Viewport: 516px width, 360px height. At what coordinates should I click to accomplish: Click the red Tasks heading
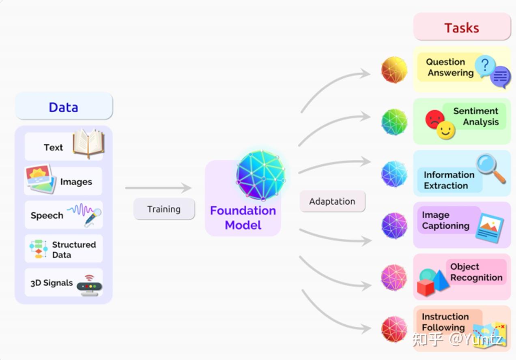tap(462, 28)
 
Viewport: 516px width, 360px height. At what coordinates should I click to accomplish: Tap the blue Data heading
tap(64, 107)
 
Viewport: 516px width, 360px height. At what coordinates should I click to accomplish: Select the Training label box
tap(164, 209)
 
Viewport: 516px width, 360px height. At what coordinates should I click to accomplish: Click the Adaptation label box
tap(332, 201)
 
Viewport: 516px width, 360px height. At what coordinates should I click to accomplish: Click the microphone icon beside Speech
tap(93, 217)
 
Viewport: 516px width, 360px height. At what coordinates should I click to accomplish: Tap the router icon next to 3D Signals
tap(89, 286)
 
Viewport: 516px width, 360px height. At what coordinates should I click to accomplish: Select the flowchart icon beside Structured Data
tap(39, 249)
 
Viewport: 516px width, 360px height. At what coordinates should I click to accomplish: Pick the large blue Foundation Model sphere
tap(261, 175)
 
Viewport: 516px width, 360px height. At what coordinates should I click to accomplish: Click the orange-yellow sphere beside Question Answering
tap(394, 70)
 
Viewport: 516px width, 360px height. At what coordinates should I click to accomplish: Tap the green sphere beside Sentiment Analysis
tap(394, 122)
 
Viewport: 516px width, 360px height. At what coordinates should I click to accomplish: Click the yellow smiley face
tap(446, 130)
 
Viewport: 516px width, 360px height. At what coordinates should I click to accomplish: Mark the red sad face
tap(434, 119)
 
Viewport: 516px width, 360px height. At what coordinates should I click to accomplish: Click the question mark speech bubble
tap(485, 66)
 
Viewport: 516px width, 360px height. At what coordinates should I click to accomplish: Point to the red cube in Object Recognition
tap(426, 287)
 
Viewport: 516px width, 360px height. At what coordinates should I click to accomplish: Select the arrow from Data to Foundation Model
tap(159, 188)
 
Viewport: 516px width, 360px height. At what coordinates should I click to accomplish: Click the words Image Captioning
tap(445, 220)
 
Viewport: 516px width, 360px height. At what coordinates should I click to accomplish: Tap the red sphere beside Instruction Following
tap(394, 329)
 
